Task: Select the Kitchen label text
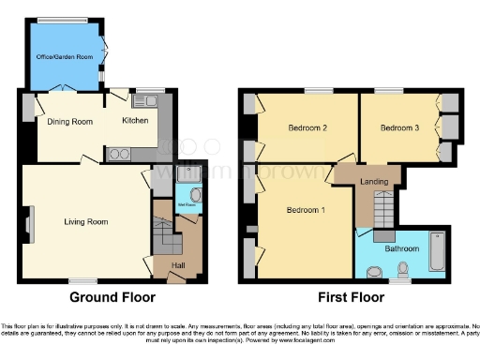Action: [136, 121]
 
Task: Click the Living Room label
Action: [86, 222]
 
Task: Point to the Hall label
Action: [178, 265]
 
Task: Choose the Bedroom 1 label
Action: [306, 209]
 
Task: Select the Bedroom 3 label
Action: [399, 128]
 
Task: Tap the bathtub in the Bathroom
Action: [437, 250]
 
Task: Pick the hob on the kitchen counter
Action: [119, 155]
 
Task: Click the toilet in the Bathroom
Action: [404, 271]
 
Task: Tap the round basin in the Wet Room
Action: [194, 197]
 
